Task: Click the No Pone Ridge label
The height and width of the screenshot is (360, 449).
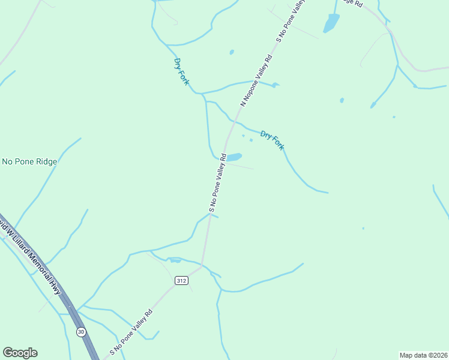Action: pos(29,161)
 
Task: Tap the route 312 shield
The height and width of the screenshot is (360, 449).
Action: pos(181,280)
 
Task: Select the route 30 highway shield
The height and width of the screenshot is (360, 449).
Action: pos(81,331)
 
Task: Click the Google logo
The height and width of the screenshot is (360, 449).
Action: pos(20,353)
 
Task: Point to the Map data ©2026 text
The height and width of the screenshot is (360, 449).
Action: pos(423,355)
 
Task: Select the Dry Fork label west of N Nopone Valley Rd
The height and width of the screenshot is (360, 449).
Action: pos(181,71)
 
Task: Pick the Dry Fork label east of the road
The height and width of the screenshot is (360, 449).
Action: pos(272,140)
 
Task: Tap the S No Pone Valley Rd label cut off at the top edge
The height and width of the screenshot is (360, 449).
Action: pos(291,21)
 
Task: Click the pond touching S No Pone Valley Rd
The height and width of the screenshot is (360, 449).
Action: pos(234,157)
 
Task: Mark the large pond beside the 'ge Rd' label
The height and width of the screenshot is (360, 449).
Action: pos(331,23)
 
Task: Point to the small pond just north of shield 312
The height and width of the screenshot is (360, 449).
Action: pos(175,260)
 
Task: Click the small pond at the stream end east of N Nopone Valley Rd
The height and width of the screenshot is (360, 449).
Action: pos(275,85)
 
